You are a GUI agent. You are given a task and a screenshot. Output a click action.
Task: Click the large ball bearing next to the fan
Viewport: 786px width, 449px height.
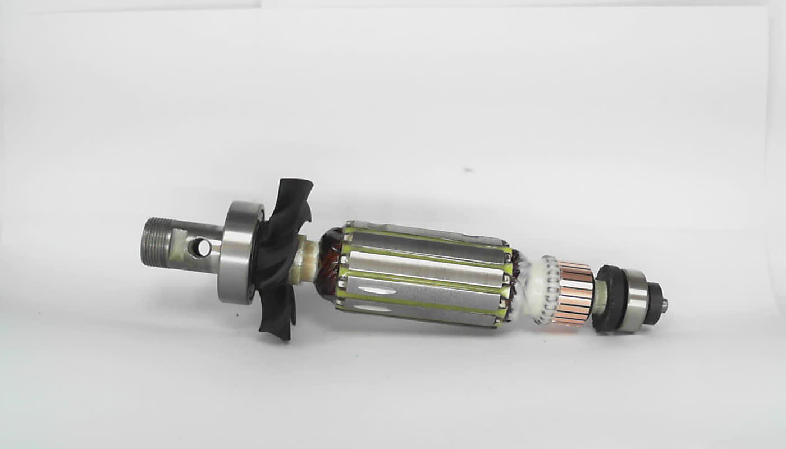240,253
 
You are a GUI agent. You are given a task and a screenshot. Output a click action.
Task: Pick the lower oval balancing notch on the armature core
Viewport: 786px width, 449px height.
373,308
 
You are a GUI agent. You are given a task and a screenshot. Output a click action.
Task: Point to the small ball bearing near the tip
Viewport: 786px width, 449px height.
634,301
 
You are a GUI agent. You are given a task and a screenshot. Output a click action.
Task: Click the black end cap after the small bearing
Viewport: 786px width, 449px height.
652,303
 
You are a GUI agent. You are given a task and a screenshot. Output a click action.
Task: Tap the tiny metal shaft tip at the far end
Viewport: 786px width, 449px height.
665,305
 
